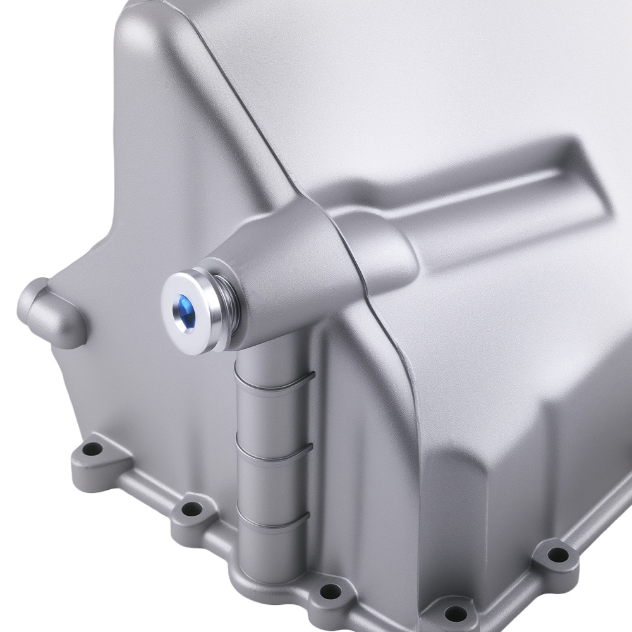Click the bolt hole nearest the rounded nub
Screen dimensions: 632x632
(94, 449)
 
